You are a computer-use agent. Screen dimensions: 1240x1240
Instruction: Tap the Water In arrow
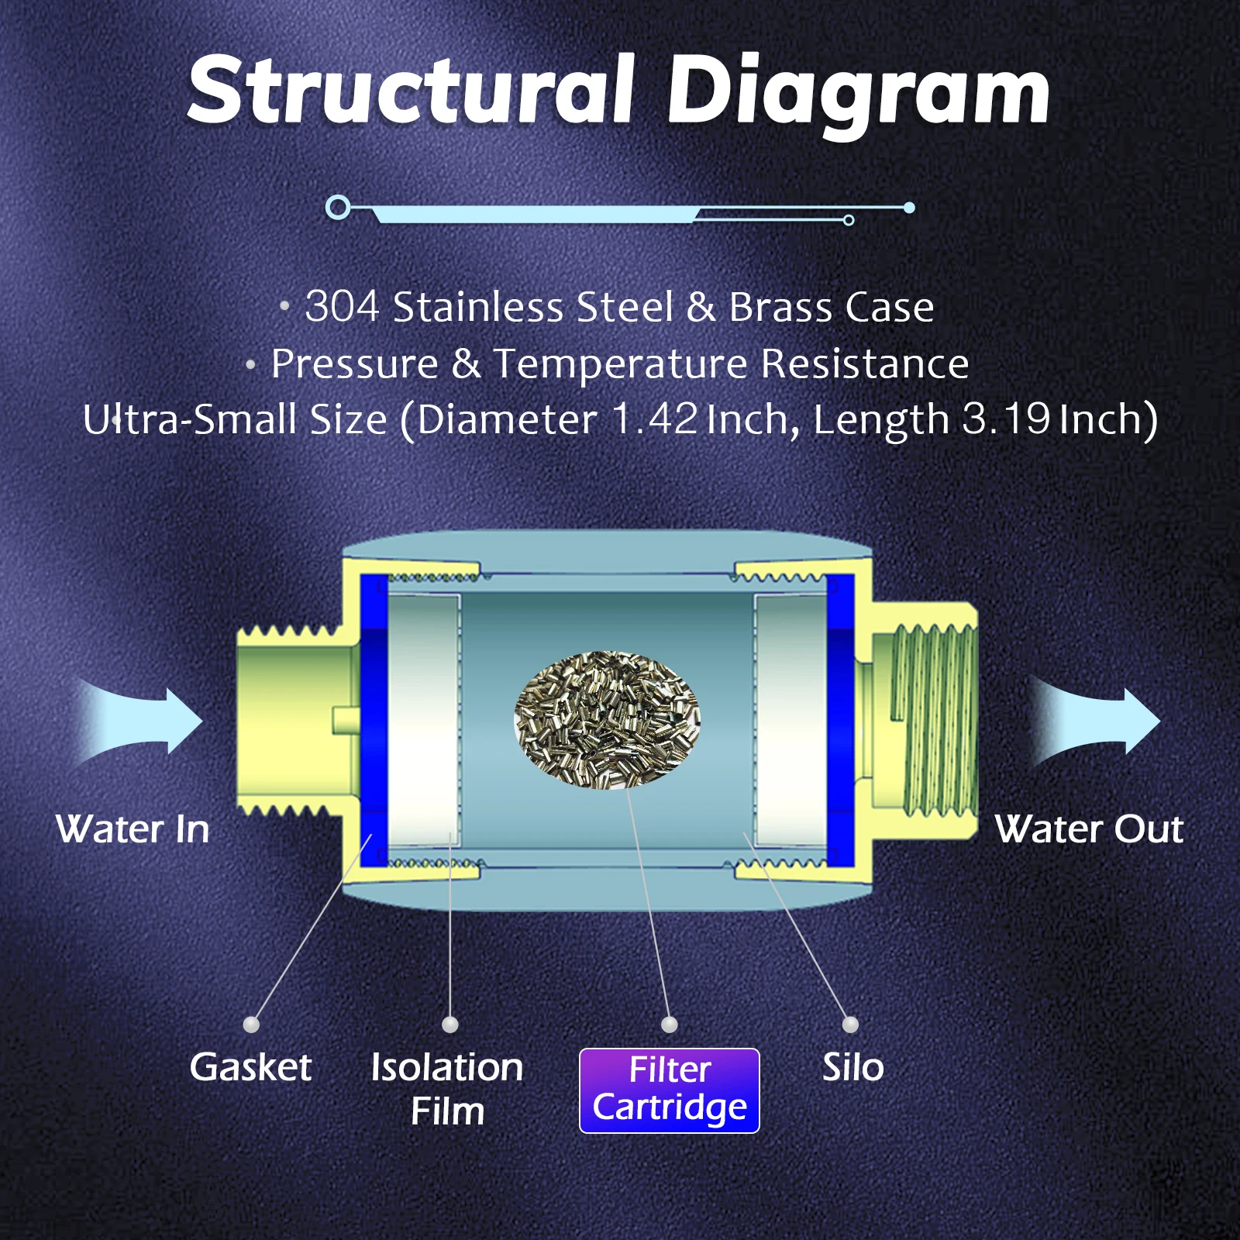[143, 721]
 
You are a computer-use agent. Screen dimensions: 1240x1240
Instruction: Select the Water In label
[133, 829]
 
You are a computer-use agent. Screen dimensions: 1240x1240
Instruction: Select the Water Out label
[1089, 829]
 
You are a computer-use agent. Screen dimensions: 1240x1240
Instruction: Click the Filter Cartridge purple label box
[670, 1090]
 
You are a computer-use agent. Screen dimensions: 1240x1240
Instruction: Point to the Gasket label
[250, 1067]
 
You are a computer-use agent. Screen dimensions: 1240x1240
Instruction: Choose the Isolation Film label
[447, 1088]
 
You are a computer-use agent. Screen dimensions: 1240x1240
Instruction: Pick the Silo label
[852, 1067]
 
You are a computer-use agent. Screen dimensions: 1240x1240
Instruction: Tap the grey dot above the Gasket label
[251, 1025]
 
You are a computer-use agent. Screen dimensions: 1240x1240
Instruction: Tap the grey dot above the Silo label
[850, 1025]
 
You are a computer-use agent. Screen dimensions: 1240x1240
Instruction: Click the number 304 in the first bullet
[341, 306]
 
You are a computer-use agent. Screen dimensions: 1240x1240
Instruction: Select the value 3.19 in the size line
[1006, 419]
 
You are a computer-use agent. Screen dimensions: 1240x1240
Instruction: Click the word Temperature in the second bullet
[624, 363]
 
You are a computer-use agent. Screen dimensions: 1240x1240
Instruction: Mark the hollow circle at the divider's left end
[338, 207]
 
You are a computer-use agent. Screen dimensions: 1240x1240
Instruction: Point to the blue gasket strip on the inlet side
[374, 721]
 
